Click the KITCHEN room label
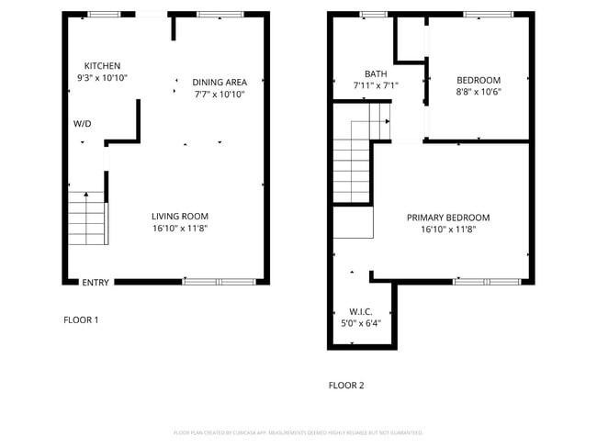click(102, 66)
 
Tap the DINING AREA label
click(220, 82)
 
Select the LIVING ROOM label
click(180, 217)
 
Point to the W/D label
click(83, 124)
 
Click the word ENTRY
click(96, 283)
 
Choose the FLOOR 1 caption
click(81, 320)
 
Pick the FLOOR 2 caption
click(346, 386)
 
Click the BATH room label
click(376, 74)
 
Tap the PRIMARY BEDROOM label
click(448, 218)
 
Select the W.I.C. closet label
click(360, 311)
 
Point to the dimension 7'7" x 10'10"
click(220, 94)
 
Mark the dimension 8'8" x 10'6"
click(479, 91)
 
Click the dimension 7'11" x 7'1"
click(376, 86)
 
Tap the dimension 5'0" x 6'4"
click(360, 323)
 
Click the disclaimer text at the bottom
click(298, 432)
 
